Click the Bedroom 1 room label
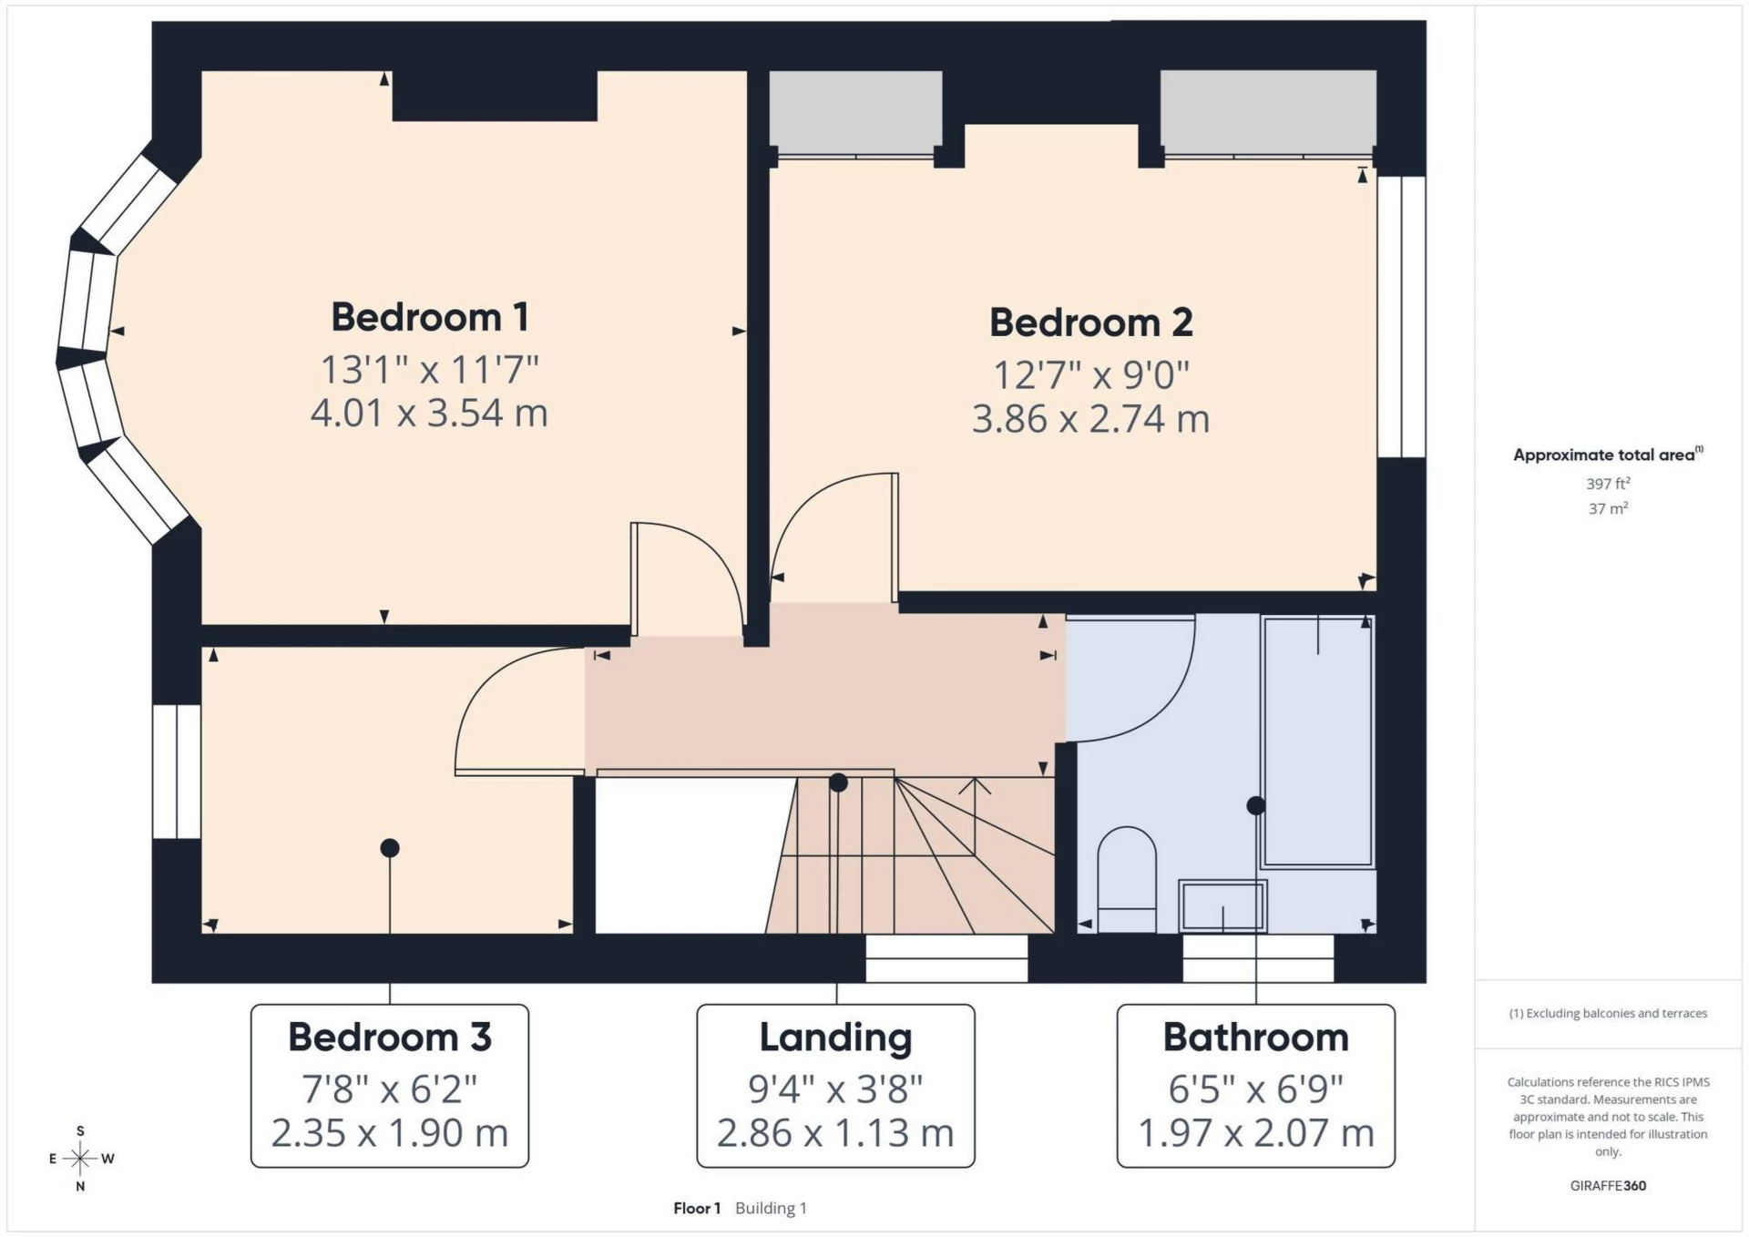pos(429,317)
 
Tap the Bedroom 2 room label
pos(1090,322)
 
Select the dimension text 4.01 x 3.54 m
pos(429,413)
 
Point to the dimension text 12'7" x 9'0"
pos(1090,375)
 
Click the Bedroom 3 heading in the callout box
pos(390,1038)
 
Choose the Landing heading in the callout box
pos(835,1038)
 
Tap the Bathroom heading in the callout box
pos(1255,1038)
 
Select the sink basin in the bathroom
pos(1222,905)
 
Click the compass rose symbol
pos(80,1159)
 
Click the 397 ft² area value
pos(1608,484)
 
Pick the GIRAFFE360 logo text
pos(1608,1185)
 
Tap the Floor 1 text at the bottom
pos(697,1208)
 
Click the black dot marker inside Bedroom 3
pos(390,848)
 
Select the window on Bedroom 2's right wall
pos(1401,316)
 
